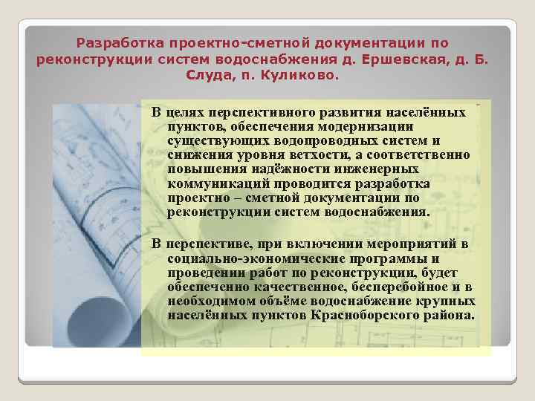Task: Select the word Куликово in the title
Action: tap(302, 75)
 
